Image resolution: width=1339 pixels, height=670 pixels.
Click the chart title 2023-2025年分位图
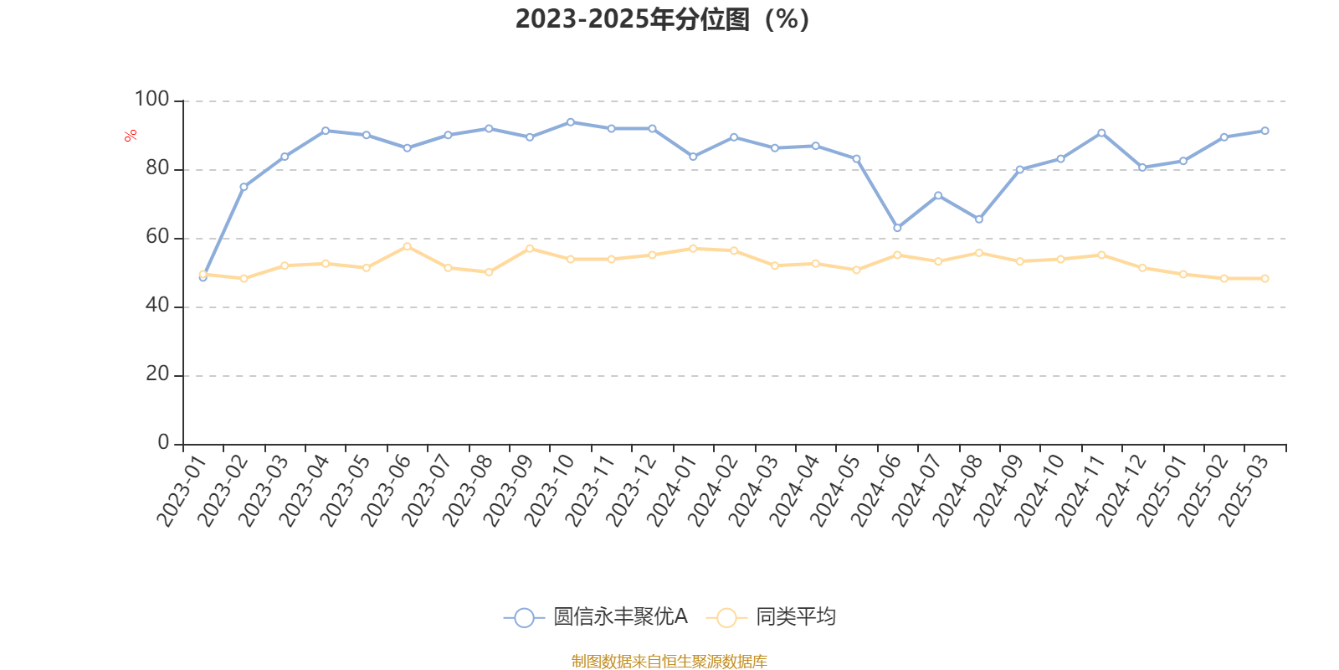662,19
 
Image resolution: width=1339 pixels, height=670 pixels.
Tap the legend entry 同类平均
771,617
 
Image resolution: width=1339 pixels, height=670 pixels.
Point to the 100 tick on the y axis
151,100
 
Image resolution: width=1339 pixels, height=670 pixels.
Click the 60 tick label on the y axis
156,237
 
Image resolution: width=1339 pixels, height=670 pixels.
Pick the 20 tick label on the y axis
156,374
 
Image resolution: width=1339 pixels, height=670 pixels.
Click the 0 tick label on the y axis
163,443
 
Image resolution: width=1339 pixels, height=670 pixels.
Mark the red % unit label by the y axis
131,136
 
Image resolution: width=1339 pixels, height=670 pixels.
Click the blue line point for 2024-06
897,228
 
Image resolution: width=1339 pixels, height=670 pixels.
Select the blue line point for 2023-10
571,122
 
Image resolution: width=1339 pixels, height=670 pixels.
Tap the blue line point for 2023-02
244,187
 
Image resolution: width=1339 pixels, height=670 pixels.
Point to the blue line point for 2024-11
1101,133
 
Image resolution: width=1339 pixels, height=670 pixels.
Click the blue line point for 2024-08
979,219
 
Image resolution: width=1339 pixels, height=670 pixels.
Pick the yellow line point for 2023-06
407,246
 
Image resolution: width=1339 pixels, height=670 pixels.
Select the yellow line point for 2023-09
530,248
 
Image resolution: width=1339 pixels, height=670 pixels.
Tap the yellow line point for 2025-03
1265,278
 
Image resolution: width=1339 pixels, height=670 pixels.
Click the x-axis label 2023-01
182,492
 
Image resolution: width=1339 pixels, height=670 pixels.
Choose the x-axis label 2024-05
835,492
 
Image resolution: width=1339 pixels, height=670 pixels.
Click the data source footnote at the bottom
669,662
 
